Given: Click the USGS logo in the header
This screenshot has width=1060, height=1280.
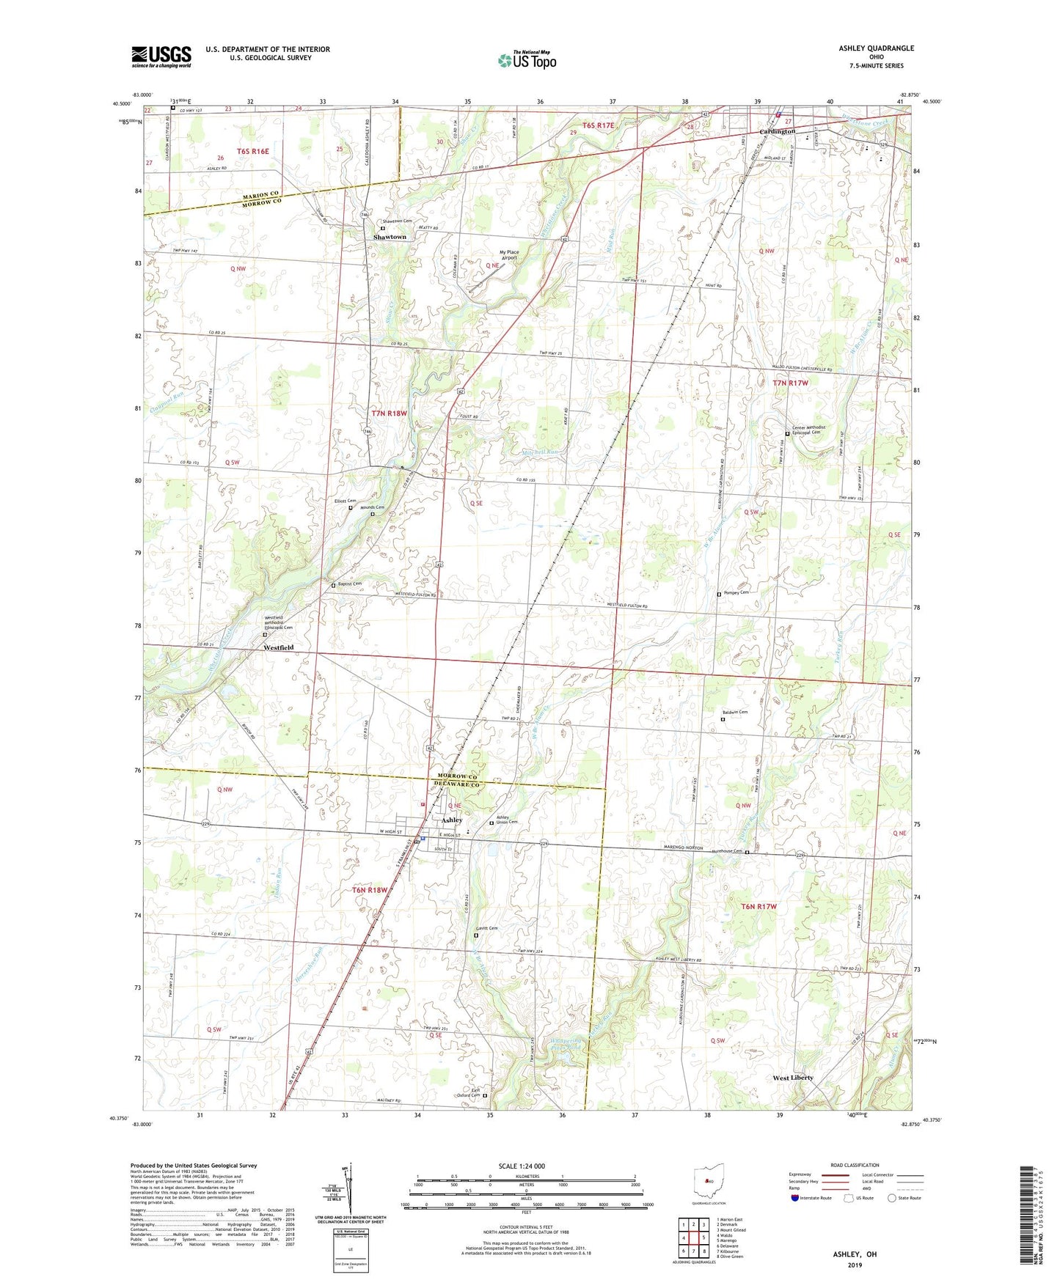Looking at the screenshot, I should click(161, 56).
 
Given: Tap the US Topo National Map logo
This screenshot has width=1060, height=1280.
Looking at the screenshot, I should click(527, 60).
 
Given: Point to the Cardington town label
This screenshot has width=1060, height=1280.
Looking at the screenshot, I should click(777, 132).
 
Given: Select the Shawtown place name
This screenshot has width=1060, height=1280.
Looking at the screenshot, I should click(390, 238).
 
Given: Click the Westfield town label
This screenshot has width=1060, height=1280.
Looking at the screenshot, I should click(279, 648).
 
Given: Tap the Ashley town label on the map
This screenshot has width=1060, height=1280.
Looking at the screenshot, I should click(452, 820).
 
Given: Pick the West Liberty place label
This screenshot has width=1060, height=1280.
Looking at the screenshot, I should click(793, 1078).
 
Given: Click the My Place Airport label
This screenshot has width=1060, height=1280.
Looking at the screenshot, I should click(509, 254).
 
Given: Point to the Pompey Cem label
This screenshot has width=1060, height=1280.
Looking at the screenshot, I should click(736, 592).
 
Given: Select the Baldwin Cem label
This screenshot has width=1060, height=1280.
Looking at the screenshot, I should click(736, 712).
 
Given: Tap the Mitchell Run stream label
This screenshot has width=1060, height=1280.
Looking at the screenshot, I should click(541, 452).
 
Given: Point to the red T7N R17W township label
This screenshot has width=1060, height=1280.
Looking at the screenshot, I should click(790, 383).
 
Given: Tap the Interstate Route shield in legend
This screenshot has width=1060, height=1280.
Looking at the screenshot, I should click(797, 1198).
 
